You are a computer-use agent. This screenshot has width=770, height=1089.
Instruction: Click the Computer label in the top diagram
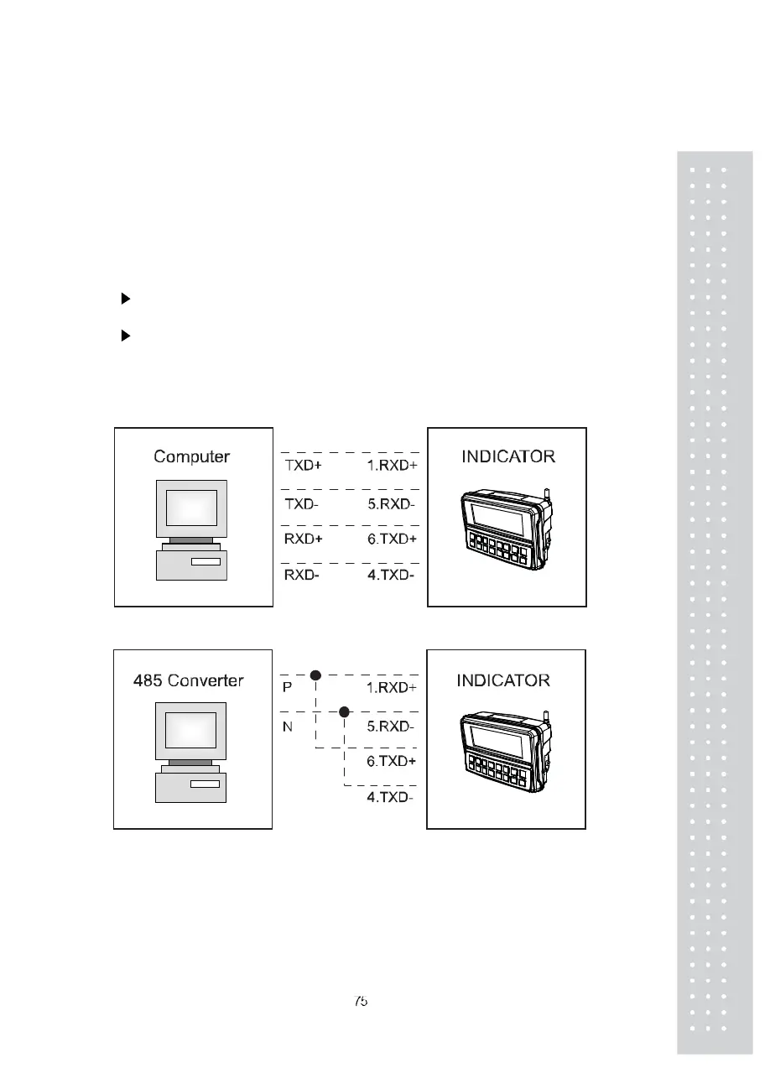click(x=191, y=457)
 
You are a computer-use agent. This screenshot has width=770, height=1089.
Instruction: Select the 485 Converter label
click(x=188, y=680)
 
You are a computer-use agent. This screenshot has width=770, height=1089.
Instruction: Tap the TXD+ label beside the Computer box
click(x=303, y=464)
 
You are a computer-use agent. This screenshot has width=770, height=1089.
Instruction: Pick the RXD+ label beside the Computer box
click(x=303, y=539)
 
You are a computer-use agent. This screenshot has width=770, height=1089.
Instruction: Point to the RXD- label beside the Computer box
click(x=301, y=576)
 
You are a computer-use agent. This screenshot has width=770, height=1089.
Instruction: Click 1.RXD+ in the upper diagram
click(x=392, y=464)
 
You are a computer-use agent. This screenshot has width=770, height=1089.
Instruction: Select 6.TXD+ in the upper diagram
click(x=392, y=539)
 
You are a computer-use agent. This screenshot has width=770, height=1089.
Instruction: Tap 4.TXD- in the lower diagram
click(x=390, y=797)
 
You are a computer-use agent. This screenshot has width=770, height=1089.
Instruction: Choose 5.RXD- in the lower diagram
click(x=390, y=726)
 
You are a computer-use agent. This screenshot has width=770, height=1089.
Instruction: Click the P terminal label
click(x=288, y=687)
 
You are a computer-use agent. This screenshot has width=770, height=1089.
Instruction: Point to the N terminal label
click(x=288, y=726)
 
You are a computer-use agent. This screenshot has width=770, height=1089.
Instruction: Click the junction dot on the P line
click(x=315, y=675)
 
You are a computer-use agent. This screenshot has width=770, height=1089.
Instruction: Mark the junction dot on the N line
click(x=344, y=712)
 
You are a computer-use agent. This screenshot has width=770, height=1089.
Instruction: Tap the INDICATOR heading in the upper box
click(x=507, y=457)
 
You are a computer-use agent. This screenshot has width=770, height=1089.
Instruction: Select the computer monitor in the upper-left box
click(x=191, y=508)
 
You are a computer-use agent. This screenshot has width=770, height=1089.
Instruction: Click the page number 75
click(x=361, y=1001)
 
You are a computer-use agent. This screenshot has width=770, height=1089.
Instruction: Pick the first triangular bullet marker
click(x=126, y=298)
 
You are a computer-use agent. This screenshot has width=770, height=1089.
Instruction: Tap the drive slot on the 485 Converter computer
click(x=205, y=784)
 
